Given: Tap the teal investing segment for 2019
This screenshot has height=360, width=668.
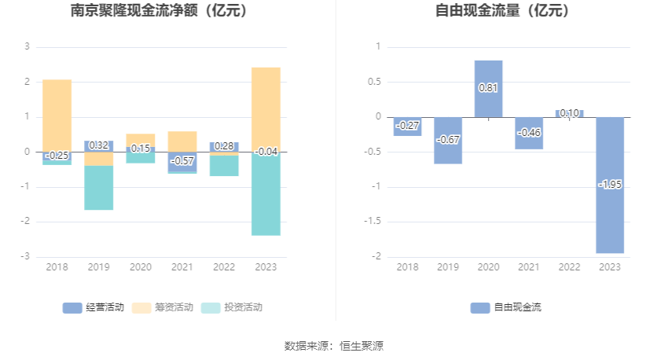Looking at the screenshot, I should tap(99, 188).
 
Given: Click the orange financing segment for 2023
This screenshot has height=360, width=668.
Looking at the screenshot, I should tap(266, 108).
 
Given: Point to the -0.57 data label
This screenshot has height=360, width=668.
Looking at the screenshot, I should tap(182, 161).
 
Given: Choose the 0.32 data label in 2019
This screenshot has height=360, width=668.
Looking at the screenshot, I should tap(99, 145).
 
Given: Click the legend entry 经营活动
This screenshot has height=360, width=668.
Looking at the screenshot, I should tap(94, 307).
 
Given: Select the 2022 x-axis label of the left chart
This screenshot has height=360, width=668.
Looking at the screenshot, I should tap(224, 267).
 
